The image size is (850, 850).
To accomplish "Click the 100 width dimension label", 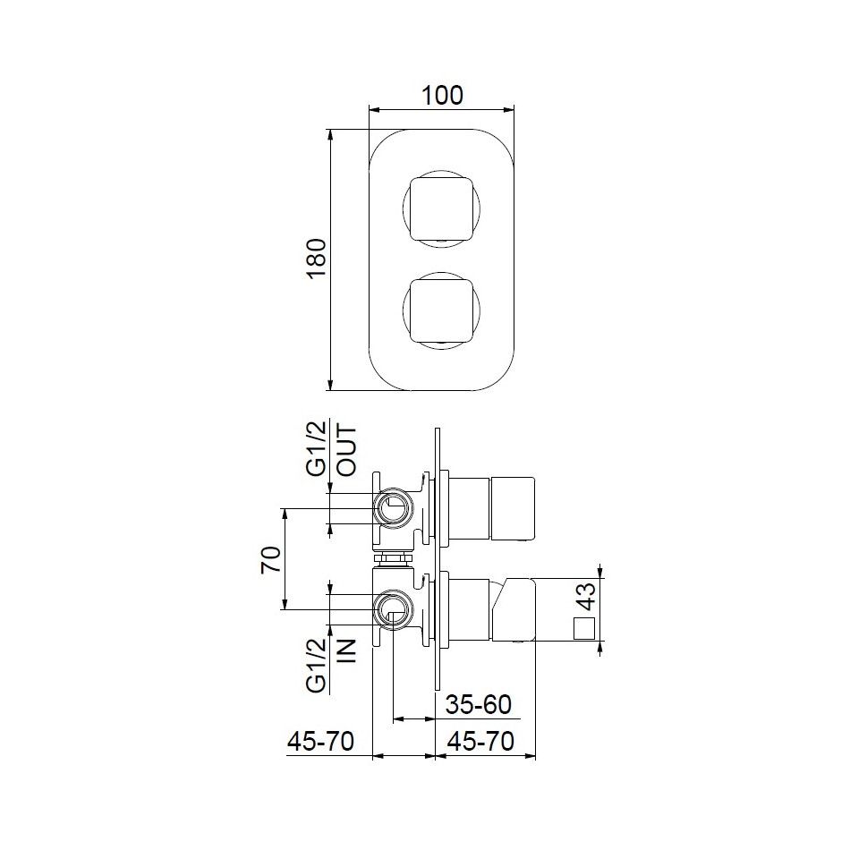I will coord(442,95).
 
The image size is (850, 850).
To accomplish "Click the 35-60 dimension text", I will coord(479,705).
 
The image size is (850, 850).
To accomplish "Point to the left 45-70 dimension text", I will coord(320,742).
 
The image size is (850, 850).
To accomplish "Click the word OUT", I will coord(347,450).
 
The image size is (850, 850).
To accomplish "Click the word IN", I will coord(347,650).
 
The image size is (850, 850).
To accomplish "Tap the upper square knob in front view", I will coord(441,209).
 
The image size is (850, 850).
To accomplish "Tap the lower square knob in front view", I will coord(441,310).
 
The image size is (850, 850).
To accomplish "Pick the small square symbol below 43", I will coord(584,628).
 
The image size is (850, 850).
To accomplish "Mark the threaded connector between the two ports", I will coord(392,559).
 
